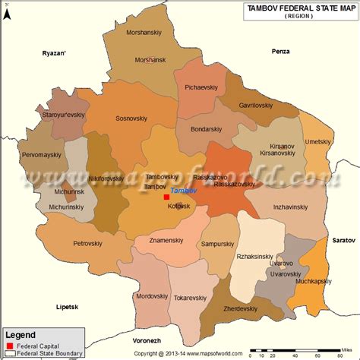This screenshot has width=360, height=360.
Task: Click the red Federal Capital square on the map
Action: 166,197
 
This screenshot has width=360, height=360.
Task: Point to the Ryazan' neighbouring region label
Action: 55,53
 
